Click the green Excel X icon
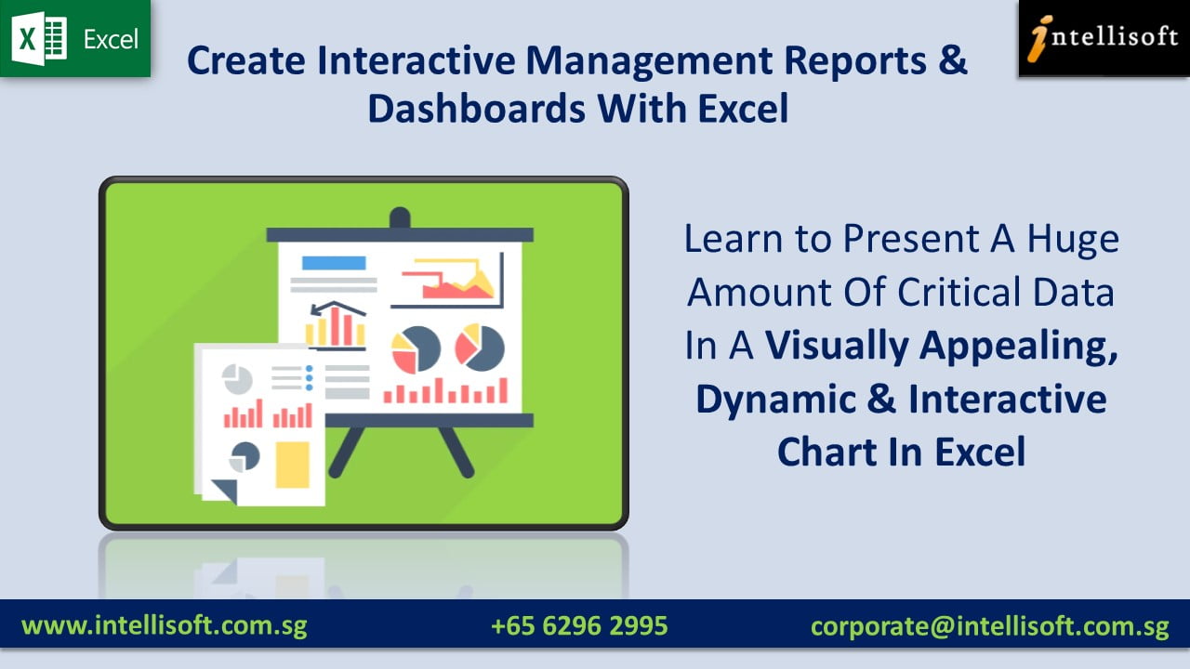[x=40, y=40]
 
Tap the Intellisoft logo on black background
[x=1104, y=38]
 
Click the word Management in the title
[x=648, y=61]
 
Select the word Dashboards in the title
[x=475, y=109]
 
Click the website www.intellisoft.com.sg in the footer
[x=164, y=625]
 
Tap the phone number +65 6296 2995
[x=579, y=625]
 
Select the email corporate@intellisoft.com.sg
[x=989, y=625]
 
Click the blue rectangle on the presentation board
[x=334, y=263]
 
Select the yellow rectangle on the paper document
[x=292, y=464]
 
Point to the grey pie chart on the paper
[x=237, y=379]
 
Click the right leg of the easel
[x=455, y=452]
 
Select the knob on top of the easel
[x=400, y=218]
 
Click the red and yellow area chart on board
[x=456, y=282]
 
